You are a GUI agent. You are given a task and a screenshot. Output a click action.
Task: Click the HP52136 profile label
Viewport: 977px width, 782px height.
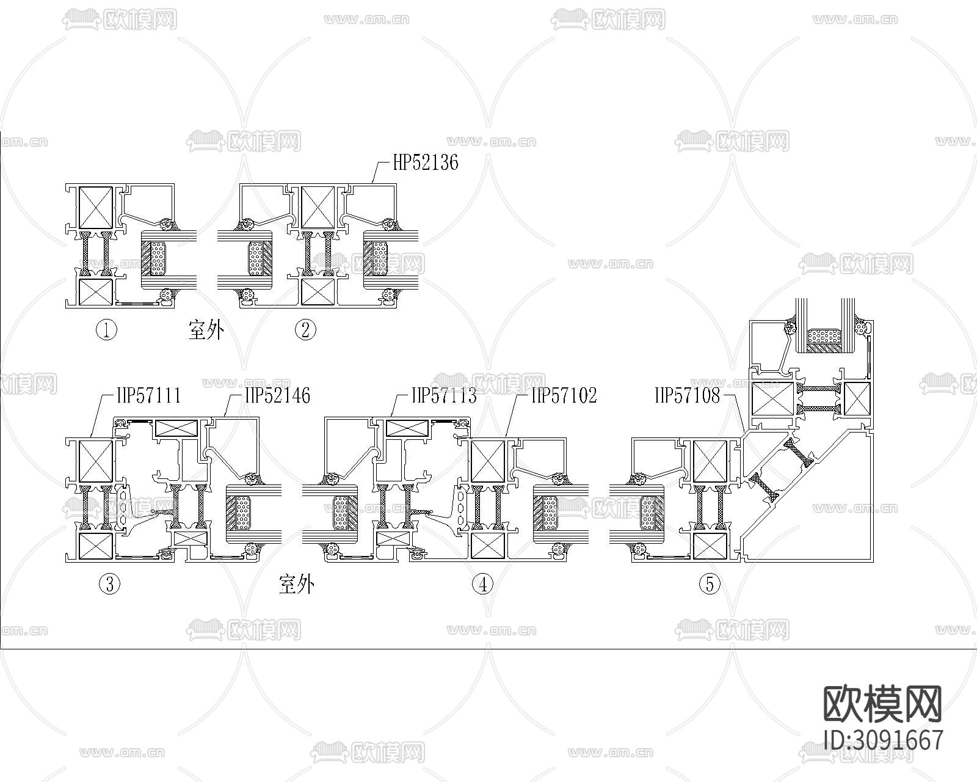click(x=426, y=163)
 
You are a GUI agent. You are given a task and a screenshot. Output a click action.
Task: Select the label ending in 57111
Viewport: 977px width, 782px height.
click(x=149, y=395)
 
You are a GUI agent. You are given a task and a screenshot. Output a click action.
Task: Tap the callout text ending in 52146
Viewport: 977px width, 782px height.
click(x=278, y=395)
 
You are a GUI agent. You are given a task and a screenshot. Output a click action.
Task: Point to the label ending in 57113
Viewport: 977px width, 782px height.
click(x=444, y=395)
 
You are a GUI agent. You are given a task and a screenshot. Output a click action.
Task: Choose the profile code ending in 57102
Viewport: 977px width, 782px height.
click(x=564, y=395)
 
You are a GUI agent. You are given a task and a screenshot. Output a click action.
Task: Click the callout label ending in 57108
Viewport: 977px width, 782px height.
click(x=688, y=395)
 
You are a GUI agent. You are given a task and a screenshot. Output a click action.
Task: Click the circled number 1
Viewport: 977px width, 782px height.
click(x=106, y=330)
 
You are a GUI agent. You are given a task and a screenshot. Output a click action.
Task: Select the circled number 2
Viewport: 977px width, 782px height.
click(x=305, y=330)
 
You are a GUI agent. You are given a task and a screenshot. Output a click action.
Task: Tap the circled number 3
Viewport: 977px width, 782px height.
click(x=109, y=584)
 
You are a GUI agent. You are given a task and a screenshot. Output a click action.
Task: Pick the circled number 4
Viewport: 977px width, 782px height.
click(x=482, y=584)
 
